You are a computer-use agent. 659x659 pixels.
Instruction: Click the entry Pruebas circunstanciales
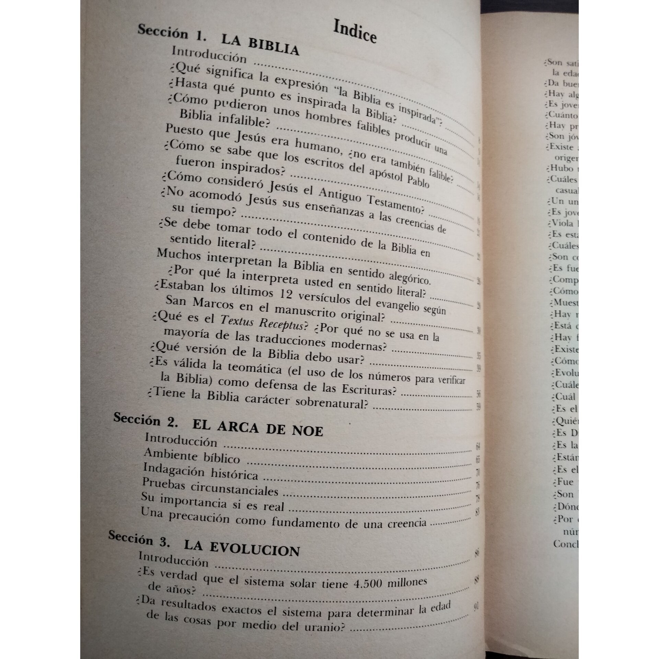pos(210,488)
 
